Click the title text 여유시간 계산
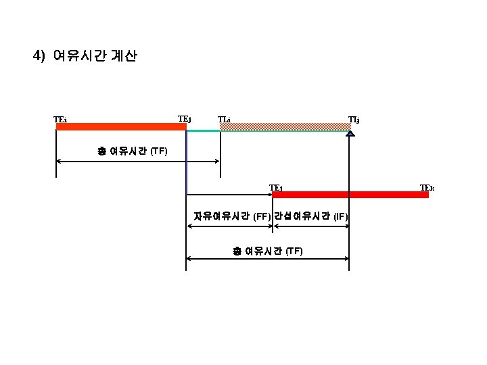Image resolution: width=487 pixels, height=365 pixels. point(95,56)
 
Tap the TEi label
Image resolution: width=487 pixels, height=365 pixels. point(60,120)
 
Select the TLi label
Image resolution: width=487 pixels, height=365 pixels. point(224,120)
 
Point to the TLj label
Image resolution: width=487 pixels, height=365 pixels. point(354,120)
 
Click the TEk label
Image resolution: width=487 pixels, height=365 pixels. point(427,187)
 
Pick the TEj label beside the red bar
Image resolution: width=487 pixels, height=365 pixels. point(276,187)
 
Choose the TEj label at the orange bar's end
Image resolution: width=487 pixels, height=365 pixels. point(184,119)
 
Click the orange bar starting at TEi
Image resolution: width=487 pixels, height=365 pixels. point(120,126)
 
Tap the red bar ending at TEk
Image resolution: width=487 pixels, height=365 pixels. point(350,195)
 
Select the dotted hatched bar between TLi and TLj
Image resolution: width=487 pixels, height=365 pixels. point(284,126)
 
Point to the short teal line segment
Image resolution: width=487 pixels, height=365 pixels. point(203,130)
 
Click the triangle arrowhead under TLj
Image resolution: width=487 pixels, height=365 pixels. point(350,134)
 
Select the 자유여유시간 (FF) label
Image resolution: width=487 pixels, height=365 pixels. point(232,217)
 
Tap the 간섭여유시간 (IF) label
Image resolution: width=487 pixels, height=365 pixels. point(311,217)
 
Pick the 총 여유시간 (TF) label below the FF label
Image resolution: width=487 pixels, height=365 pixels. point(268,251)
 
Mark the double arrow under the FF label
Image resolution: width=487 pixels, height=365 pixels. point(229,226)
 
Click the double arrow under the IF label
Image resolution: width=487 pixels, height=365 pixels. point(310,226)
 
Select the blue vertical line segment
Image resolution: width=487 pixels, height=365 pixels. point(186,162)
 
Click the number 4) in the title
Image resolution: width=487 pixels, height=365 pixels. point(39,56)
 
